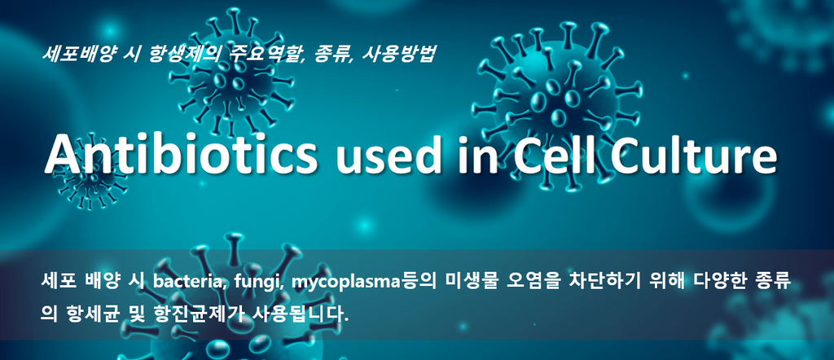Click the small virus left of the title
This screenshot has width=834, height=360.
coord(90,173)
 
